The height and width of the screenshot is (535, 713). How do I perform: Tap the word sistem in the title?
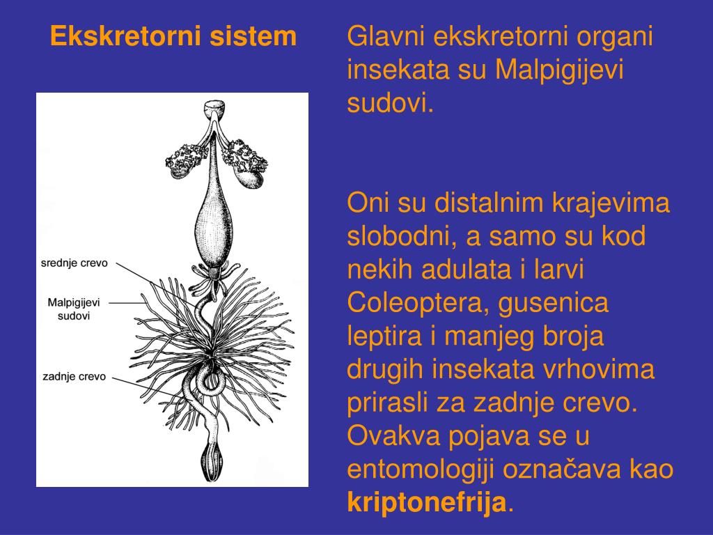[x=258, y=36]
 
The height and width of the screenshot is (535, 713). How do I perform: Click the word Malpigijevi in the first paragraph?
[x=570, y=70]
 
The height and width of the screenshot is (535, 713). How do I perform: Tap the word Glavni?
[x=382, y=37]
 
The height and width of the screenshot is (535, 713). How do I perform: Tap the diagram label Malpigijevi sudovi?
[x=74, y=309]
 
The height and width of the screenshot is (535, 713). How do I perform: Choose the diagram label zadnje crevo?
[x=74, y=376]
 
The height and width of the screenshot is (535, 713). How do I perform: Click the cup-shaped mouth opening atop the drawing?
[x=214, y=109]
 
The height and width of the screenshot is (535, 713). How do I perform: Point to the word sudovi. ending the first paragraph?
[x=390, y=104]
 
